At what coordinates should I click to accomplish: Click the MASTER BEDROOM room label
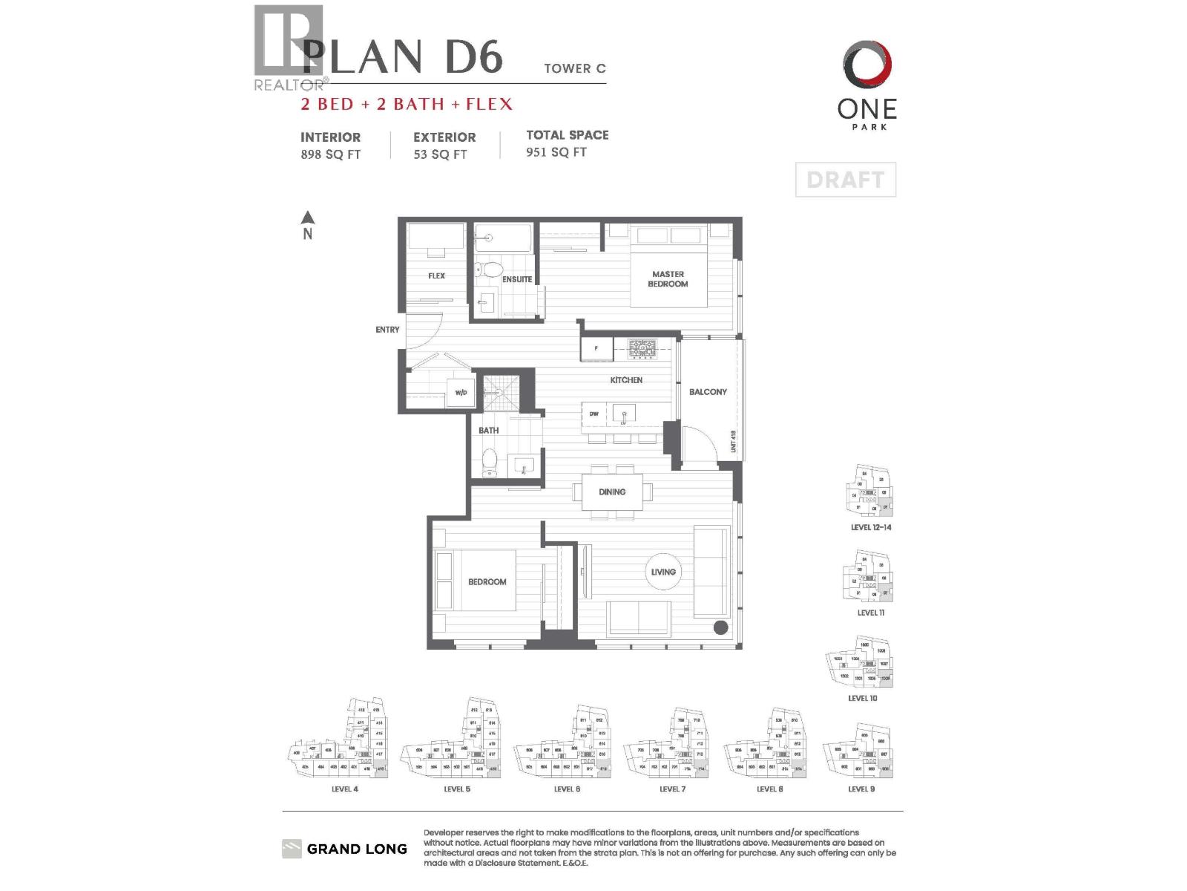point(668,279)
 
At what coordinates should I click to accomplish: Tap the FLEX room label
point(436,276)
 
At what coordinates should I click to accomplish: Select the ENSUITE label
point(517,280)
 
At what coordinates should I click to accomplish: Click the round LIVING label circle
point(663,572)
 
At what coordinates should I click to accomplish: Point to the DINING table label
point(612,492)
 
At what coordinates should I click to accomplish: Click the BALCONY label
point(708,392)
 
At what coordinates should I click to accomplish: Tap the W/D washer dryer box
point(461,393)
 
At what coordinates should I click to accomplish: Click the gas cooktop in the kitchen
point(642,347)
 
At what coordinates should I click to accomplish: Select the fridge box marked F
point(596,348)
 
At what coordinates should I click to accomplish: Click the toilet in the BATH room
point(490,463)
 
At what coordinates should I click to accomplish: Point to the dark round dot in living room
point(720,628)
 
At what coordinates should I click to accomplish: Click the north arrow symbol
point(307,218)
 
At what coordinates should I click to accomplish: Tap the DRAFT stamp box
point(845,180)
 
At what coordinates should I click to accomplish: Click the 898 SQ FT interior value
point(330,154)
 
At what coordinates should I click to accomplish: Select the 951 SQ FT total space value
point(556,152)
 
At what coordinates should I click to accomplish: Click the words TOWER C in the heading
point(574,68)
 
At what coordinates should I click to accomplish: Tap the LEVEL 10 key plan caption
point(862,698)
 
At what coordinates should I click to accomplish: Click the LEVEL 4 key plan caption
point(344,789)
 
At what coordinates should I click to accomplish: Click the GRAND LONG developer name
point(357,849)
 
